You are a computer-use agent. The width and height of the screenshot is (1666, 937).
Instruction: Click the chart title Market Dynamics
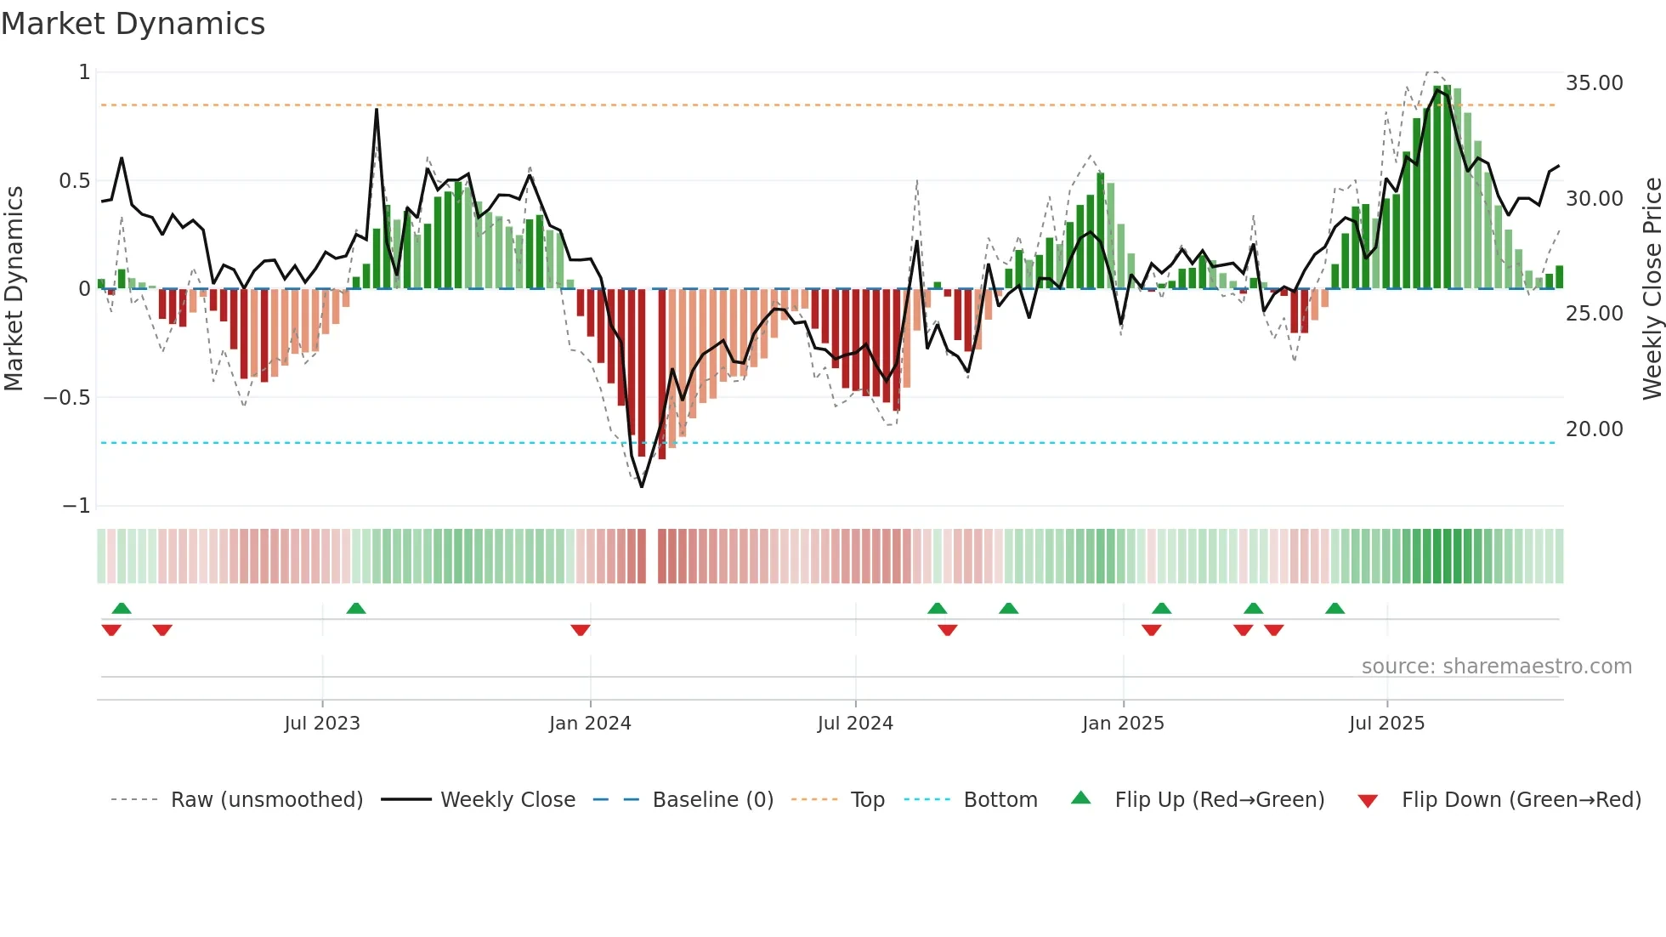[x=133, y=24]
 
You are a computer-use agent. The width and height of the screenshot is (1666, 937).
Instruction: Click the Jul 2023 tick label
[x=322, y=724]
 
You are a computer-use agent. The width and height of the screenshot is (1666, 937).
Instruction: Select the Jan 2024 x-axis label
[x=590, y=724]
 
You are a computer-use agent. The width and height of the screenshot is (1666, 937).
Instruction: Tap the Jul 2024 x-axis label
[x=855, y=724]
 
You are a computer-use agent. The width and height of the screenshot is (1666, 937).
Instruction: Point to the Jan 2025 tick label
[x=1123, y=724]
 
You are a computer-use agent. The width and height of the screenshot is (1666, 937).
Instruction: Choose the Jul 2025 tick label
[x=1386, y=724]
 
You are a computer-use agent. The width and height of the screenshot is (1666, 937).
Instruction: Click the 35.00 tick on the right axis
[x=1594, y=83]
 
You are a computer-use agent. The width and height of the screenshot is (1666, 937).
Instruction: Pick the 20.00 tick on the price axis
[x=1594, y=429]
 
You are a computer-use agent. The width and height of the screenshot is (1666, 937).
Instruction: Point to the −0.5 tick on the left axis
[x=66, y=398]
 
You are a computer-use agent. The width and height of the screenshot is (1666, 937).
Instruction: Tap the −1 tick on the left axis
[x=76, y=506]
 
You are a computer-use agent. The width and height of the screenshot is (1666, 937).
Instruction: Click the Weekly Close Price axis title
[x=1652, y=289]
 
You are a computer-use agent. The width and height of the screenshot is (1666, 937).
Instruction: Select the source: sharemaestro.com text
[x=1496, y=667]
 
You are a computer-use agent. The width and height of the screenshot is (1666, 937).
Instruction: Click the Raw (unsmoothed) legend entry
[x=266, y=800]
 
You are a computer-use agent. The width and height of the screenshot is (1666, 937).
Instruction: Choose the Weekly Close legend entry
[x=507, y=800]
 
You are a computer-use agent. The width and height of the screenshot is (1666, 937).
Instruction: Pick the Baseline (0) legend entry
[x=712, y=800]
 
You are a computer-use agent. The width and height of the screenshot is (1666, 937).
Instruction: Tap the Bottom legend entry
[x=1000, y=800]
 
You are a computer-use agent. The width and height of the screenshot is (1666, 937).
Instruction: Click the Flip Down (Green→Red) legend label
[x=1521, y=800]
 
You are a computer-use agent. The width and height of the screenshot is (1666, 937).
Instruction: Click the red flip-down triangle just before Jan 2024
[x=581, y=630]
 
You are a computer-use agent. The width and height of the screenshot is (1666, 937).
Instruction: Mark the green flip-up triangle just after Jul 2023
[x=356, y=608]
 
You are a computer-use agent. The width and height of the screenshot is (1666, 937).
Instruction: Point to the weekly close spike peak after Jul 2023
[x=377, y=109]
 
